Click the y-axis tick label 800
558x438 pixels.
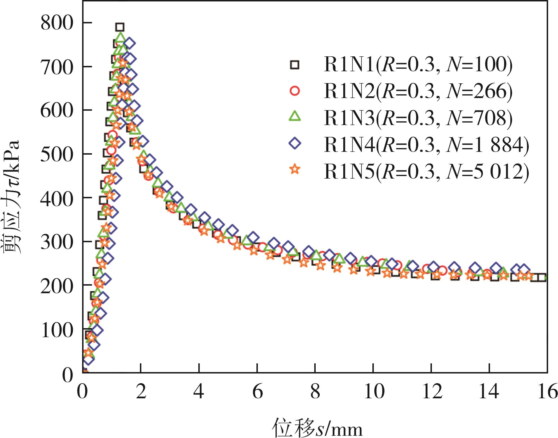(x=57, y=23)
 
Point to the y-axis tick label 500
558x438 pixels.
(x=57, y=154)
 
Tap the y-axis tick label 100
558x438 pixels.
(x=57, y=330)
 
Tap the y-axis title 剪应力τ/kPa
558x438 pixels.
(x=12, y=197)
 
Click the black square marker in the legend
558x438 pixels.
(x=295, y=65)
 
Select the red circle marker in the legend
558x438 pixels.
(x=295, y=91)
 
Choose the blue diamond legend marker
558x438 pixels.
(x=295, y=143)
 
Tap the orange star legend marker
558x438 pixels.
(x=295, y=170)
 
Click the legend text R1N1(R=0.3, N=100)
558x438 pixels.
(x=418, y=65)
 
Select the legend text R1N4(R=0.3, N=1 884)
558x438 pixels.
(x=426, y=144)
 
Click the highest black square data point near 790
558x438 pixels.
(x=120, y=27)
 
